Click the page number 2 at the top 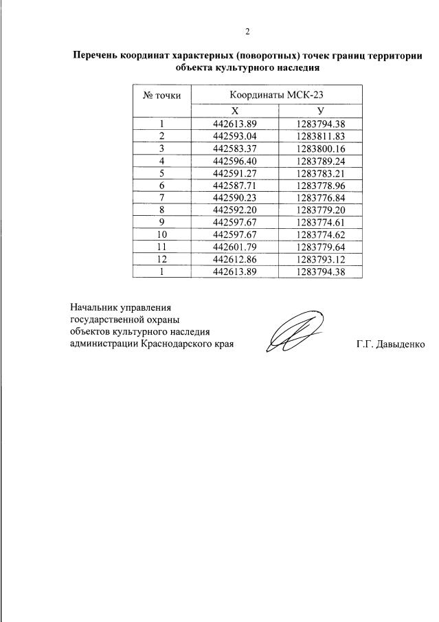coord(248,30)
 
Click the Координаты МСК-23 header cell coord(275,95)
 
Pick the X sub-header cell coord(234,111)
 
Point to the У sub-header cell coord(320,111)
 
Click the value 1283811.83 coord(320,136)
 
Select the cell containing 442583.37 coord(234,148)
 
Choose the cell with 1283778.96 coord(320,185)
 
